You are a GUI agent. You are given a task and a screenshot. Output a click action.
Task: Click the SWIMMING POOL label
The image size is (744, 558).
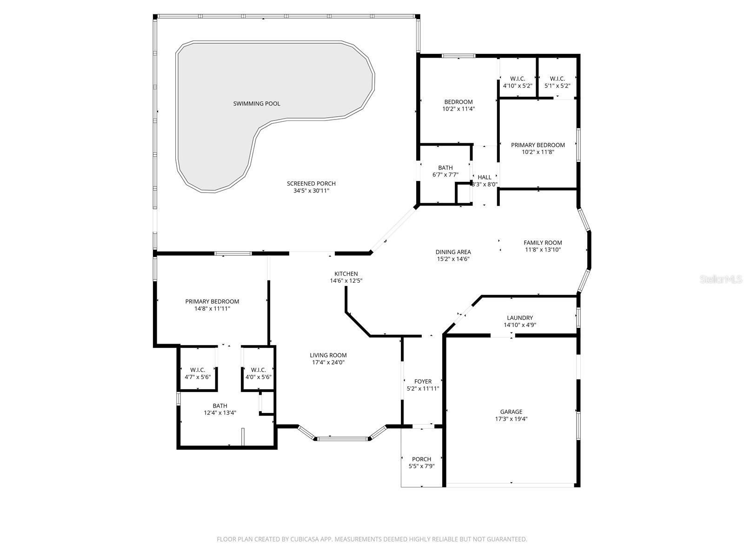[257, 104]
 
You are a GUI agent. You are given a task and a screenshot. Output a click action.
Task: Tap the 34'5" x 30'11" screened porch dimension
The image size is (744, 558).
[311, 191]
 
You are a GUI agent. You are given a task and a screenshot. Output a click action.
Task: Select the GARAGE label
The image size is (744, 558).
[511, 412]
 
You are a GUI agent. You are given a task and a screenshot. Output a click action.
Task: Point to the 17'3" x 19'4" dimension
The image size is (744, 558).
[511, 418]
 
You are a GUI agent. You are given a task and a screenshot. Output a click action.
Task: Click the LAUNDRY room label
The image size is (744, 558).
[520, 318]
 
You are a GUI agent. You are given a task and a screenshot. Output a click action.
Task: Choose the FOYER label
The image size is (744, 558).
[423, 381]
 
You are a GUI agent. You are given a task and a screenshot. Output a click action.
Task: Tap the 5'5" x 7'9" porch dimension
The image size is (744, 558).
[421, 466]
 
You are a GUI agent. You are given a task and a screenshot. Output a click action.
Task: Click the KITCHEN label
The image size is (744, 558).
[346, 274]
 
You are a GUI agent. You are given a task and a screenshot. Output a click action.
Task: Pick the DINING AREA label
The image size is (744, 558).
[453, 252]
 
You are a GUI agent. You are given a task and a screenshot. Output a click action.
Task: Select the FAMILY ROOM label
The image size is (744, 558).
[543, 243]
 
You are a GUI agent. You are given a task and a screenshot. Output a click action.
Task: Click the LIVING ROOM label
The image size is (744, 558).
[328, 355]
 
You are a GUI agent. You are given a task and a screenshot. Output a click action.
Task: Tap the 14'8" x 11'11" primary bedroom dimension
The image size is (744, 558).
[212, 308]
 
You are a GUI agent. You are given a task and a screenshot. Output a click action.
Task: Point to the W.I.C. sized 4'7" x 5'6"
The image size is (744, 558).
[198, 370]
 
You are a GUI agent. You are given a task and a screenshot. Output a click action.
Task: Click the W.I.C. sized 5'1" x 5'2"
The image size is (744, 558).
[557, 79]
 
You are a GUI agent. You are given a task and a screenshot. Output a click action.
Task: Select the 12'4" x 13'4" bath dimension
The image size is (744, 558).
[220, 413]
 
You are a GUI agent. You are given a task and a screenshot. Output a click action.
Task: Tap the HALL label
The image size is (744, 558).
[485, 177]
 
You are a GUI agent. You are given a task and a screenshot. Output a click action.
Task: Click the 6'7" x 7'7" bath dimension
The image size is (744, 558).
[445, 175]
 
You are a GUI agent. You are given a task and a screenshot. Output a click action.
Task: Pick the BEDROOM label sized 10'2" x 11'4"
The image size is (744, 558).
[458, 102]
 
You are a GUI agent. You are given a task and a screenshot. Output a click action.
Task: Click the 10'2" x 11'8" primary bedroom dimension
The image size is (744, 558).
[538, 152]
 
